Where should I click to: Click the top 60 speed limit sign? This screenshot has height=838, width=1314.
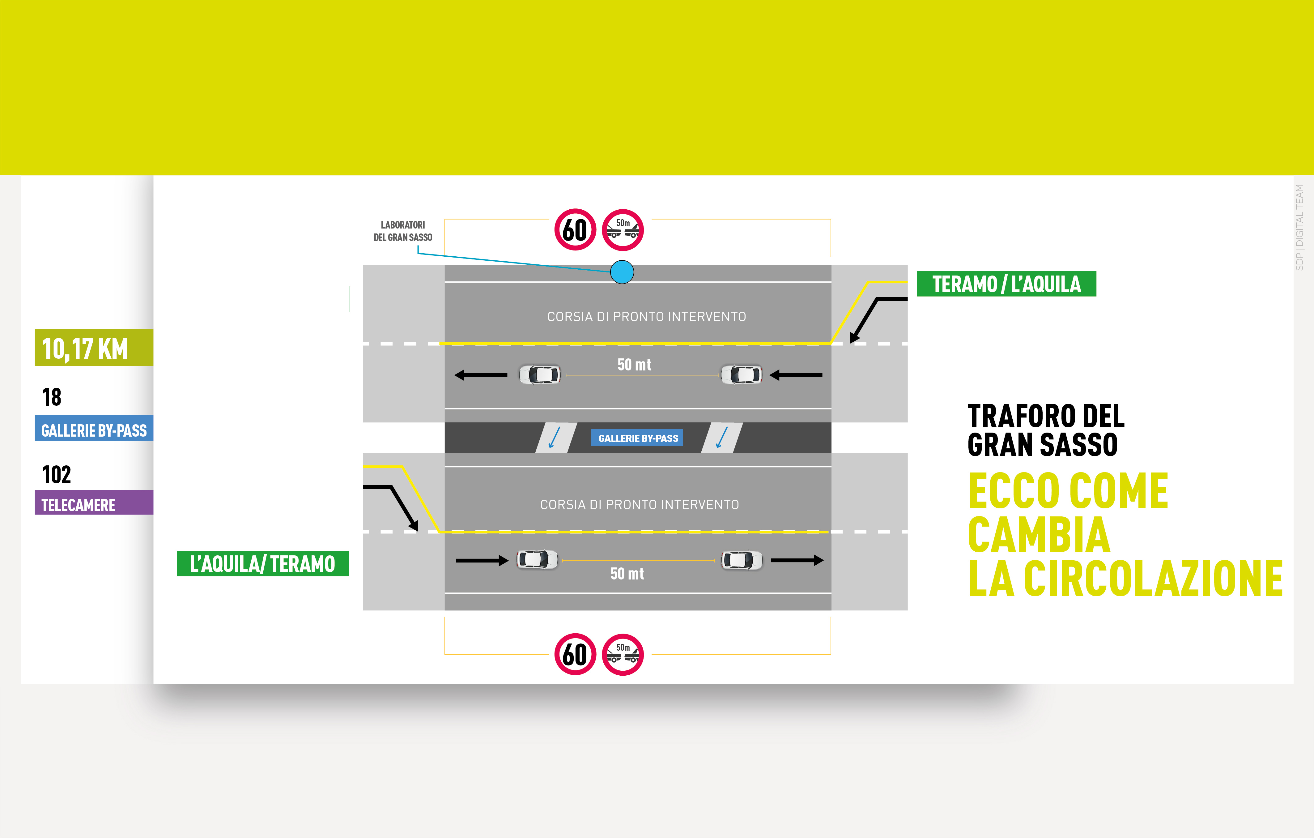[x=575, y=230]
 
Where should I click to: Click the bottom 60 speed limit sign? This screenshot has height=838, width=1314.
[x=575, y=654]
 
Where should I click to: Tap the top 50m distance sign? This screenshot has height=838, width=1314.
[x=623, y=230]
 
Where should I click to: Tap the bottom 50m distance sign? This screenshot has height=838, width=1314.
[x=623, y=654]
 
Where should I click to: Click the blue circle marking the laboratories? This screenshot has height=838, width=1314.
[x=622, y=272]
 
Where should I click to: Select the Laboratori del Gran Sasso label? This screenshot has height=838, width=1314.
[x=403, y=231]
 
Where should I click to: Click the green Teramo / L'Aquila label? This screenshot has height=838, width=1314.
[x=1006, y=284]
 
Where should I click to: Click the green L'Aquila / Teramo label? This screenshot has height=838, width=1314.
[x=262, y=563]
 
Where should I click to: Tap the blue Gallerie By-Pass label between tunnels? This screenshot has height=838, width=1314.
[x=637, y=438]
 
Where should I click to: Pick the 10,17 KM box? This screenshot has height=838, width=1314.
[x=94, y=347]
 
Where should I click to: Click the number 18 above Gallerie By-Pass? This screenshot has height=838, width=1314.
[x=52, y=397]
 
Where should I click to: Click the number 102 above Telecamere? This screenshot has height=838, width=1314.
[x=57, y=474]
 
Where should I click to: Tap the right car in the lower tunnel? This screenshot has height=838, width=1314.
[x=742, y=560]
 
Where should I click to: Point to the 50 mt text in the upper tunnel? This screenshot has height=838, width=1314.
[x=634, y=365]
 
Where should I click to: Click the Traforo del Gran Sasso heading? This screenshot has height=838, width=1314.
[x=1045, y=430]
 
